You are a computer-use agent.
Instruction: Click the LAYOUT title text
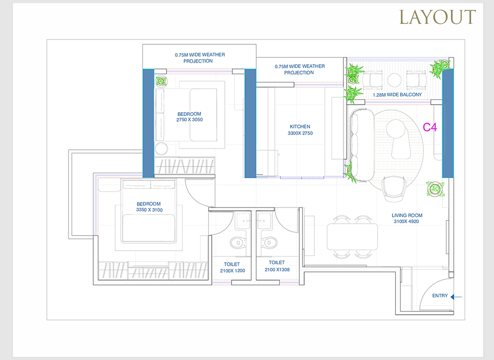pos(438,17)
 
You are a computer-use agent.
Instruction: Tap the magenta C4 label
pos(430,127)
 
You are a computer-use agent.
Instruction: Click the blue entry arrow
pos(456,297)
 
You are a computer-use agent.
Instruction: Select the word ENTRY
pos(440,296)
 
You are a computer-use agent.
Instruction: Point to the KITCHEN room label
pos(300,126)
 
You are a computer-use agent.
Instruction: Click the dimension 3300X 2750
pos(300,133)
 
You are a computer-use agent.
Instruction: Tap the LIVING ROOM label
pos(406,215)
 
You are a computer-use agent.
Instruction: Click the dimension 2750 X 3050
pos(190,120)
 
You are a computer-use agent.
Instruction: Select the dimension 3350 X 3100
pos(149,210)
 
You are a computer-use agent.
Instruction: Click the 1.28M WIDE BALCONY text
pos(397,95)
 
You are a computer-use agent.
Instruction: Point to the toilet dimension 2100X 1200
pos(233,271)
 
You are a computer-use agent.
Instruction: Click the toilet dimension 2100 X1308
pos(277,269)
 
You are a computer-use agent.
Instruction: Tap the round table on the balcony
pos(395,80)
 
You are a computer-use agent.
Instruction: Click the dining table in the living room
pos(352,236)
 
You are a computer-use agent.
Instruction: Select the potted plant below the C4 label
pos(435,189)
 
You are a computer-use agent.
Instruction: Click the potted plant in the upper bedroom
pos(161,81)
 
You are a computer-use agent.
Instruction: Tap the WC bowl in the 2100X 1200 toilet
pos(238,243)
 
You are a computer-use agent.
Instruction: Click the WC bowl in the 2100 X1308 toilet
pos(269,242)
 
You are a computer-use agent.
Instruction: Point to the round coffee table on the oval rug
pos(395,128)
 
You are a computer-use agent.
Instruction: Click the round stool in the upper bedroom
pos(161,149)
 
